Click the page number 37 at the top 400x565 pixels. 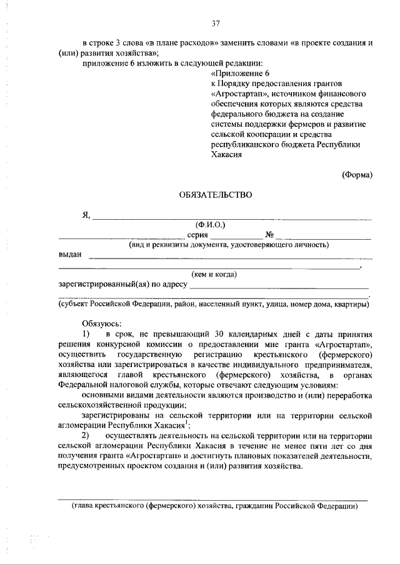(216, 24)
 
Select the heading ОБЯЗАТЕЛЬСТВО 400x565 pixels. (216, 195)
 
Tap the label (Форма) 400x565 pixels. (357, 175)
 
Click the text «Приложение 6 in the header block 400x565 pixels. (236, 73)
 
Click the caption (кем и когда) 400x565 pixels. (214, 274)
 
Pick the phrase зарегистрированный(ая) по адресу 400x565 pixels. (123, 284)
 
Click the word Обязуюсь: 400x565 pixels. (101, 323)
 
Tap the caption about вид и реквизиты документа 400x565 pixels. (229, 245)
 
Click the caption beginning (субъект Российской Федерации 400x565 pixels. (213, 304)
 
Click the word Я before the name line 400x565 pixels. (86, 215)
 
